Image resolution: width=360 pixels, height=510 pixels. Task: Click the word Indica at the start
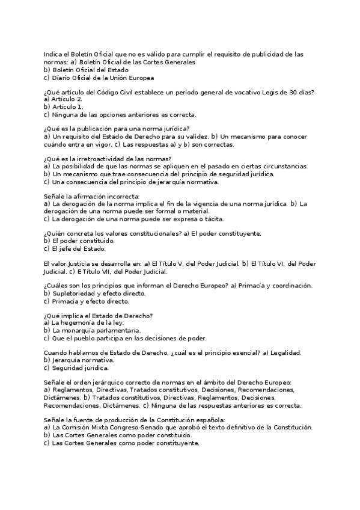[53, 54]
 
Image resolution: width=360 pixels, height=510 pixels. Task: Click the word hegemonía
[73, 322]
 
